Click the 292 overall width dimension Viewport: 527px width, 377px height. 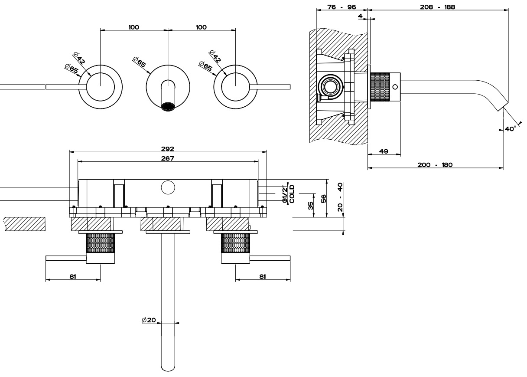point(168,149)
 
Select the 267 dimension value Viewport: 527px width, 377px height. point(168,158)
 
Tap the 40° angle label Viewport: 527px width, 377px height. point(510,129)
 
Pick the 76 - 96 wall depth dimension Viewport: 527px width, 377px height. point(342,7)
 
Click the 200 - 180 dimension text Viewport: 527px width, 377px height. point(435,165)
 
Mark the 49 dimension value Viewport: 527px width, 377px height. point(383,151)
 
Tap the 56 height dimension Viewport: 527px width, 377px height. point(323,199)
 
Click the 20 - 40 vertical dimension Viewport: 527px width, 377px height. point(340,197)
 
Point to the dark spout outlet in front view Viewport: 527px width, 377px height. point(168,106)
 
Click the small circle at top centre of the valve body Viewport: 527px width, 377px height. point(168,188)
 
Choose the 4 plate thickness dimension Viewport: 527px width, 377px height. point(361,16)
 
